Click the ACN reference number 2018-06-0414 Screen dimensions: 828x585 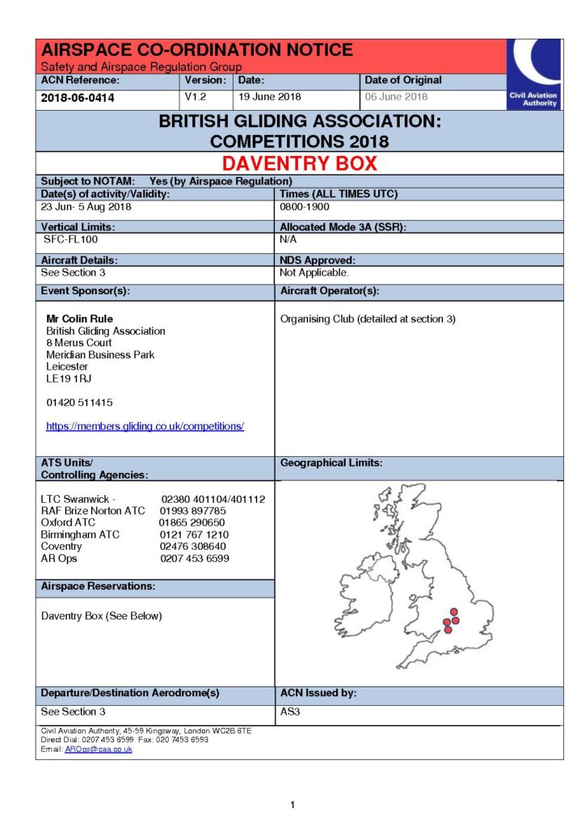pos(78,98)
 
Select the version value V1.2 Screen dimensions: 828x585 pos(198,96)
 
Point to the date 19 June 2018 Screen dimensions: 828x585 pos(269,97)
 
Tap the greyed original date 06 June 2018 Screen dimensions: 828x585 pos(396,97)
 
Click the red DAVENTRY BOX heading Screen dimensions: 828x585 pos(299,163)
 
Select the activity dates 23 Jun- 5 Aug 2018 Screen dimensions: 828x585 pos(86,207)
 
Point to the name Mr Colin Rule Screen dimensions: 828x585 pos(79,319)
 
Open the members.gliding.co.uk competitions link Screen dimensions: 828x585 pos(145,426)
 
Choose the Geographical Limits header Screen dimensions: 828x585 pos(331,463)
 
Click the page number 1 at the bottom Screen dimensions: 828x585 pos(292,805)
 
